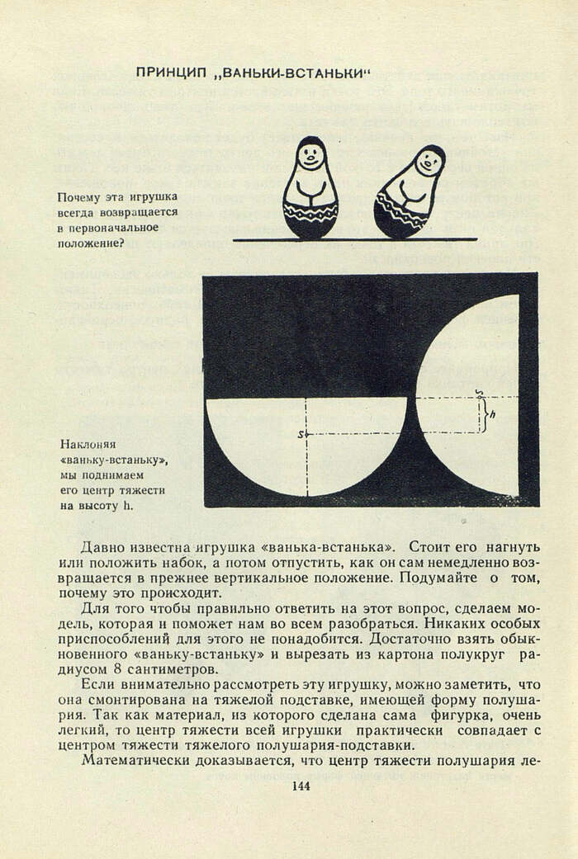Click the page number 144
click(300, 786)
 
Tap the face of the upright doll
click(310, 156)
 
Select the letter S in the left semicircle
click(301, 432)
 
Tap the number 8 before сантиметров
click(125, 669)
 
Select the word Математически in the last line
click(133, 760)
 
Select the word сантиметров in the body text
click(178, 669)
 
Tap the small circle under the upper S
click(480, 397)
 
